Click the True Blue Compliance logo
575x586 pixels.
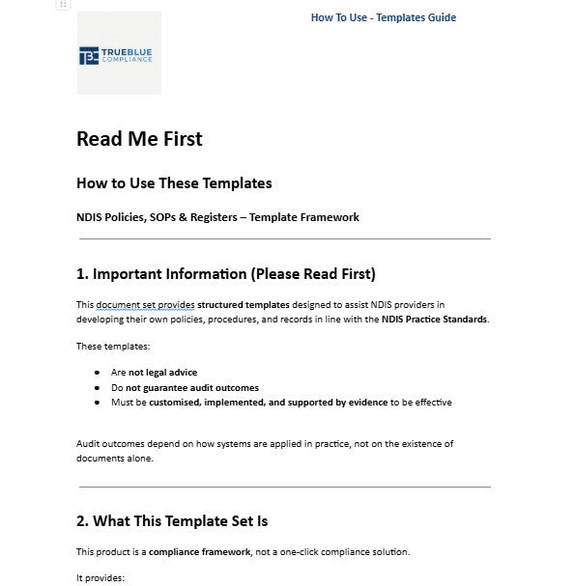point(119,54)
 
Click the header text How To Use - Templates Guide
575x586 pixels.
point(383,17)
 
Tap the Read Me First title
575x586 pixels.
point(139,139)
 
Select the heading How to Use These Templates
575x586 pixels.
point(174,183)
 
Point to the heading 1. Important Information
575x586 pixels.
point(225,273)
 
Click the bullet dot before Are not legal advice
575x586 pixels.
point(98,373)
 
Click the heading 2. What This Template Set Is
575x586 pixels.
point(172,521)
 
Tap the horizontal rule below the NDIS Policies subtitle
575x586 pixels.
point(283,238)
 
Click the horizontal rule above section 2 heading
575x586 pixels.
point(283,488)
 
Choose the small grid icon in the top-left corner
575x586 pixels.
point(63,5)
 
